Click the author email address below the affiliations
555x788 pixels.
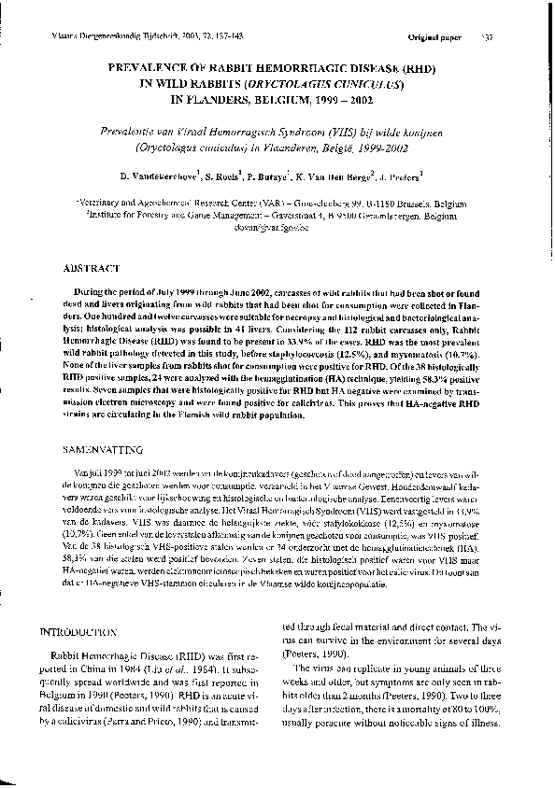(x=277, y=224)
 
